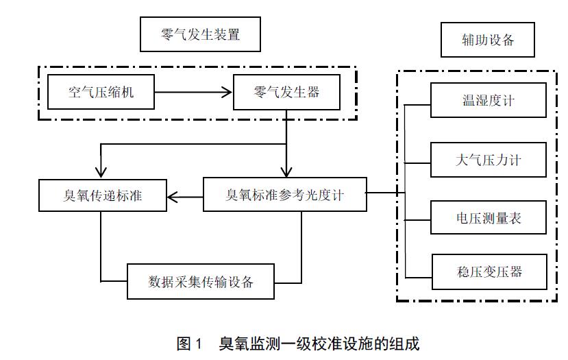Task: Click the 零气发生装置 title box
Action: [x=200, y=34]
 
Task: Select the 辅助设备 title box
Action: [x=487, y=40]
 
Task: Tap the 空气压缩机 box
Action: [x=101, y=92]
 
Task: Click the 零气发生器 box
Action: [x=286, y=92]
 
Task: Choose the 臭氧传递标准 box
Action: [x=102, y=195]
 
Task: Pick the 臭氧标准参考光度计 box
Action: [x=284, y=195]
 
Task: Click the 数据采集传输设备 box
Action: [x=201, y=281]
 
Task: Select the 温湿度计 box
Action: [x=488, y=100]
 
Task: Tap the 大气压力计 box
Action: [x=488, y=160]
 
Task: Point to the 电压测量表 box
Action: [x=488, y=219]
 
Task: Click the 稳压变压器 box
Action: [x=488, y=272]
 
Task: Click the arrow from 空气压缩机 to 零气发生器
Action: [x=193, y=92]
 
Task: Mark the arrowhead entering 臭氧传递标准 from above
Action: [x=101, y=171]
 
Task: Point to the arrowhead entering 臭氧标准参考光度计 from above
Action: [x=286, y=171]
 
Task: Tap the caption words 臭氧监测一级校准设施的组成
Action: [x=319, y=344]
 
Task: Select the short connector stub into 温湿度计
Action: [x=417, y=104]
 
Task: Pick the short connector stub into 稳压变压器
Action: [x=417, y=276]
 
